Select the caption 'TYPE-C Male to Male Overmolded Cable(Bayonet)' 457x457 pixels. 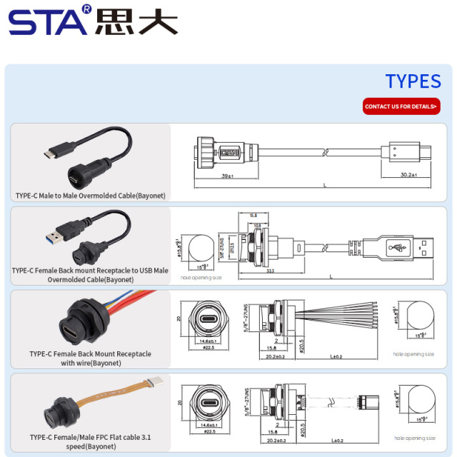[x=90, y=195]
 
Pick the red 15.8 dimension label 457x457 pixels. [x=253, y=214]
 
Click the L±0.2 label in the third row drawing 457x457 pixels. [x=336, y=356]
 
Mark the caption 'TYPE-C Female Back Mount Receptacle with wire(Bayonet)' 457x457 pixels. [x=90, y=358]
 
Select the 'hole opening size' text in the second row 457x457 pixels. [x=201, y=277]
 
